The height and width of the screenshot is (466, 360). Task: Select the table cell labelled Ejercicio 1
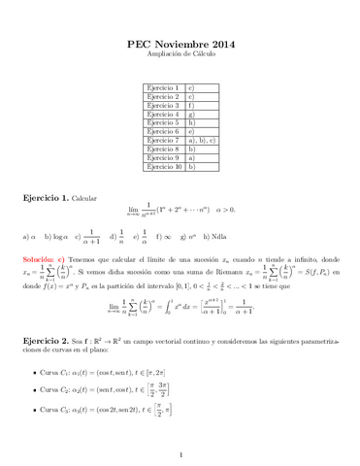162,88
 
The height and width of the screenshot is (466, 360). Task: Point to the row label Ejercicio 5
162,123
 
